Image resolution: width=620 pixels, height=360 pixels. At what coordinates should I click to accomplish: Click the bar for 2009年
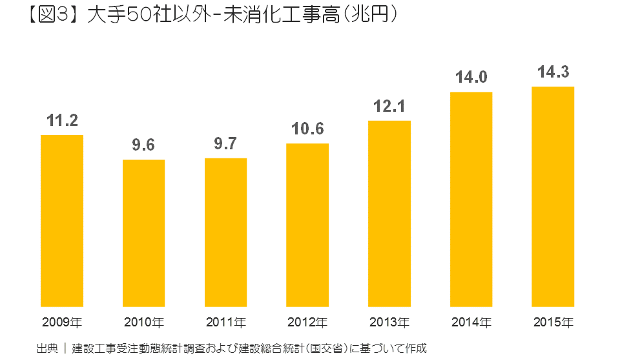tap(62, 220)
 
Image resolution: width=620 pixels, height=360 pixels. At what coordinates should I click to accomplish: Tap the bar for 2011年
tap(225, 232)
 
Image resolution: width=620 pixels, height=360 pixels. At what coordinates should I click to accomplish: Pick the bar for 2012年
tap(307, 225)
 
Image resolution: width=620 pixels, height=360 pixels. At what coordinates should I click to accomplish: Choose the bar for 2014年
tap(471, 199)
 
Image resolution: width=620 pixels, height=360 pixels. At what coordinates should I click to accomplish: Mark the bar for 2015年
tap(553, 196)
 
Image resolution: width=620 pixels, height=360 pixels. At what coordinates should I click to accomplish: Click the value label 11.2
tap(62, 120)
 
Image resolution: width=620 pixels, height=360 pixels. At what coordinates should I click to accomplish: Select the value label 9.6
tap(143, 145)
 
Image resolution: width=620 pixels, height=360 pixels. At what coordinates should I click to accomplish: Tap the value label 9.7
tap(225, 143)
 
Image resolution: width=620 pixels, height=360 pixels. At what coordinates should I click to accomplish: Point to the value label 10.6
tap(307, 129)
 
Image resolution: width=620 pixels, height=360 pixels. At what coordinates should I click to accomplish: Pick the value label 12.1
tap(389, 106)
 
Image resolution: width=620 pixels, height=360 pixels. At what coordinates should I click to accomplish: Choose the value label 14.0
tap(471, 78)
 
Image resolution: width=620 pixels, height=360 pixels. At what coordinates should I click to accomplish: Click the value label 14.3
tap(553, 72)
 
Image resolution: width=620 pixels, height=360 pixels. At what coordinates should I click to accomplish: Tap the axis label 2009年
tap(62, 321)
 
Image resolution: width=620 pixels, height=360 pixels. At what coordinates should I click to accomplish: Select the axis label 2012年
tap(307, 321)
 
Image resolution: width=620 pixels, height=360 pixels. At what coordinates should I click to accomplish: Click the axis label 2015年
tap(553, 321)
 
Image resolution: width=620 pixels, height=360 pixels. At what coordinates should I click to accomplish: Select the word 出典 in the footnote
tap(46, 348)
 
